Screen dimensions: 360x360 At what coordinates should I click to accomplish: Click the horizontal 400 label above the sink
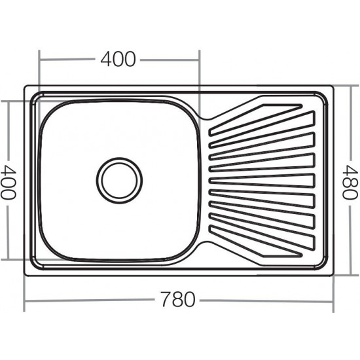click(x=118, y=59)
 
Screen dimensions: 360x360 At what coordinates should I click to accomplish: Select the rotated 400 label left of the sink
click(x=9, y=182)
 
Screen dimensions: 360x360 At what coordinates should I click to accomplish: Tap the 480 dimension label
click(x=350, y=183)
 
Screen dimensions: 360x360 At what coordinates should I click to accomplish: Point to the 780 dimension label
click(x=178, y=299)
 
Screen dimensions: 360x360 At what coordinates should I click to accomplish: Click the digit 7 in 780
click(x=166, y=299)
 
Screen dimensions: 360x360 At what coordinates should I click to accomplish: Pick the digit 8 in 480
click(x=350, y=183)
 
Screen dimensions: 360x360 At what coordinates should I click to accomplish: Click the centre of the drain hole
click(x=119, y=181)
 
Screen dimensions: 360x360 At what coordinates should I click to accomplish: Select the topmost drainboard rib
click(x=255, y=119)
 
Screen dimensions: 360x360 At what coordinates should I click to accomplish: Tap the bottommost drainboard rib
click(x=255, y=242)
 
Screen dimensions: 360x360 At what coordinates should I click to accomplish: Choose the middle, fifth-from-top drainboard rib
click(x=262, y=181)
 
